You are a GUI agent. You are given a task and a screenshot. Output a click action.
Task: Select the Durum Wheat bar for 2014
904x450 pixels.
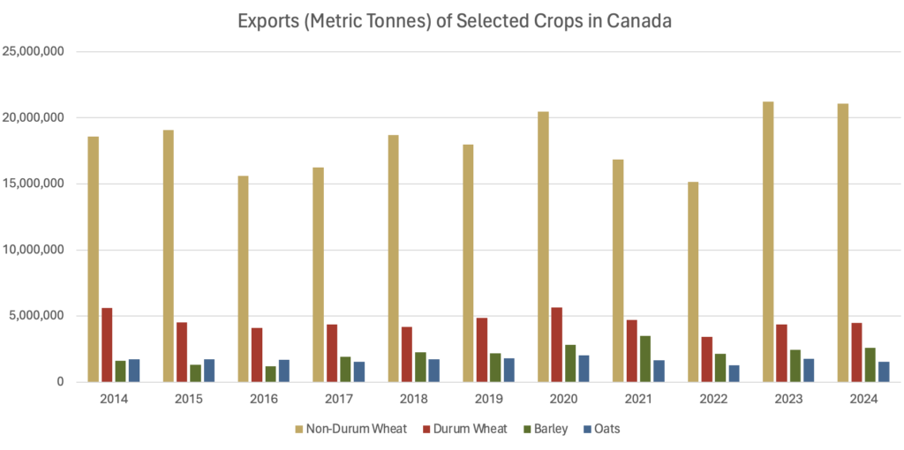tap(107, 345)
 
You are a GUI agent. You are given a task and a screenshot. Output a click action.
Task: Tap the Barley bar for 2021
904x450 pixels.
tap(646, 358)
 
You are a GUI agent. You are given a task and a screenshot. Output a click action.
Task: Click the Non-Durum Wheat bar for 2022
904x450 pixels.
tap(694, 281)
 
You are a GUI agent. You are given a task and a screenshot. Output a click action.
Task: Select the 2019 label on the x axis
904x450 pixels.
tap(488, 399)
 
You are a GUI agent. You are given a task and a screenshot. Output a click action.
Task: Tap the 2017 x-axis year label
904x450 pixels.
tap(338, 399)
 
